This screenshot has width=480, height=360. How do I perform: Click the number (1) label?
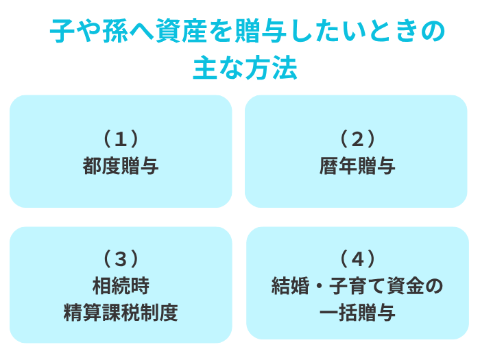coord(121,139)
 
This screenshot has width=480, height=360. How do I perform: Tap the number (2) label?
coord(357,139)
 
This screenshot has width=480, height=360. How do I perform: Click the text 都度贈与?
coord(121,166)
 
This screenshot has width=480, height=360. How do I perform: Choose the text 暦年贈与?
coord(357,166)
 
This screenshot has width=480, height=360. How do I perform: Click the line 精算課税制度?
coord(121,313)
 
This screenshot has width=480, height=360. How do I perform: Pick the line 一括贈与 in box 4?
coord(357,313)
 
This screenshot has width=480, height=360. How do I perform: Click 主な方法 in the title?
coord(245,68)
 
